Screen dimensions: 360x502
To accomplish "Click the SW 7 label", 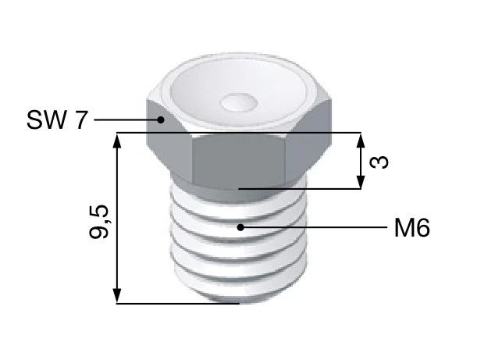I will (57, 120).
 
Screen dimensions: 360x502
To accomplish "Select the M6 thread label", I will (411, 228).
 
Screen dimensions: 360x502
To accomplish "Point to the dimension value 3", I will (380, 162).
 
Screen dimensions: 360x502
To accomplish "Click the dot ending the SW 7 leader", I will (160, 120).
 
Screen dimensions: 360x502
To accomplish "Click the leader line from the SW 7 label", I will (125, 120).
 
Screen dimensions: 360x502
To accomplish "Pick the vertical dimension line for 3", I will (360, 160).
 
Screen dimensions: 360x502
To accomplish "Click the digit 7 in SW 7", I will (81, 120).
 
